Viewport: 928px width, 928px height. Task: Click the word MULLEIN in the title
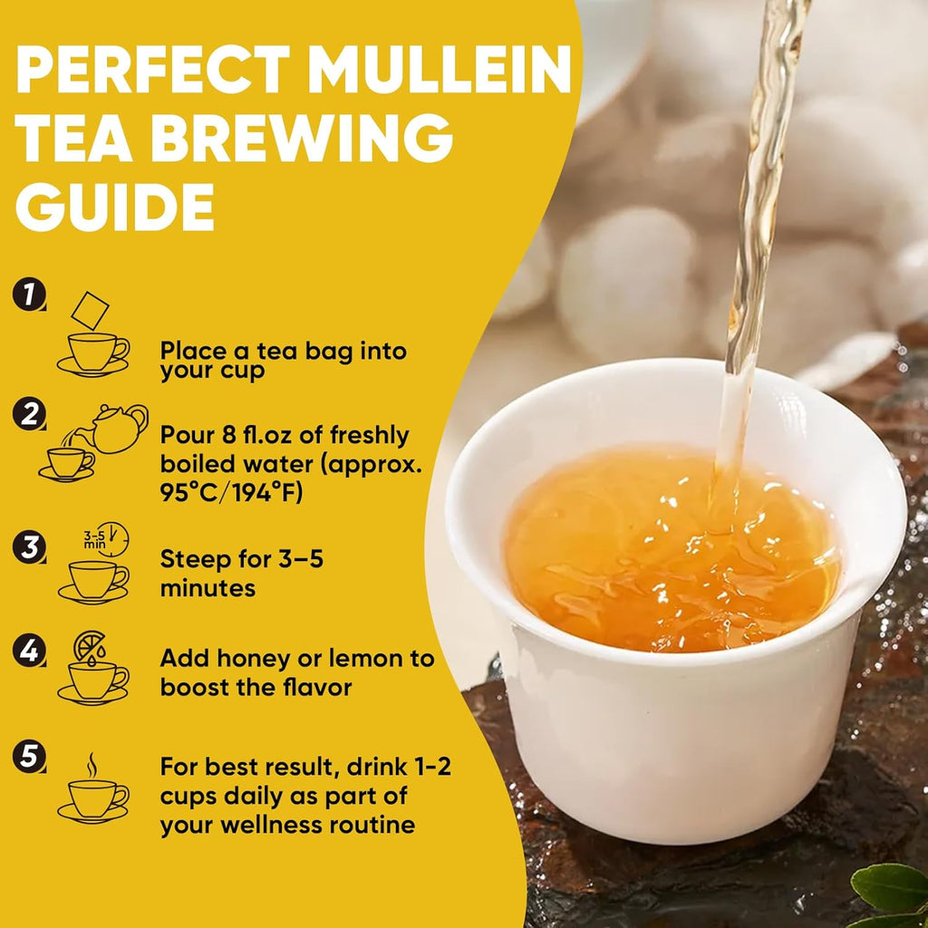coord(440,70)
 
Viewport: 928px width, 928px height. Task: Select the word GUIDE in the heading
coord(115,207)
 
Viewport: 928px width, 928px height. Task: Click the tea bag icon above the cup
coord(90,310)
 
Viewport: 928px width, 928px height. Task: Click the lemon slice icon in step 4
coord(90,645)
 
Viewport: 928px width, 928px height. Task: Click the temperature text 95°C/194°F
coord(231,492)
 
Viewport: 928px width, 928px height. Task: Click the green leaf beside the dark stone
coord(890,888)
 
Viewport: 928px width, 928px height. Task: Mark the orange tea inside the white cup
coord(672,550)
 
